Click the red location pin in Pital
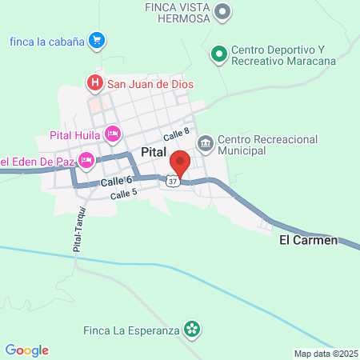coord(180,162)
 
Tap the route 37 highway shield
coord(173,182)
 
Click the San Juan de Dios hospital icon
coord(95,82)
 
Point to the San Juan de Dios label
coord(151,82)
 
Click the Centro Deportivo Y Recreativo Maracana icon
coord(218,54)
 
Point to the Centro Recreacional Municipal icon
coord(205,143)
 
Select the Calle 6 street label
coord(117,183)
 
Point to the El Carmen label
coord(309,240)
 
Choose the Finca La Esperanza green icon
coord(192,329)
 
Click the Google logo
coord(27,350)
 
